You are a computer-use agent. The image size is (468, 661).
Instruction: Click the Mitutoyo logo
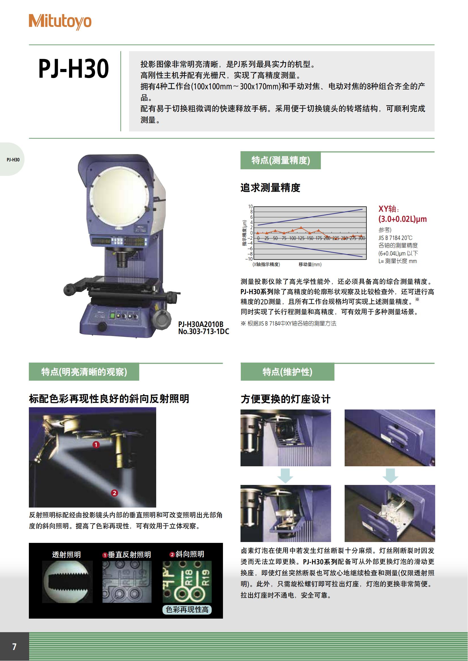click(60, 21)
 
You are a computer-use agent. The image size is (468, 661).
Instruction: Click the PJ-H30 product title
click(74, 68)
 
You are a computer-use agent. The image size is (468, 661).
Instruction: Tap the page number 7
click(14, 647)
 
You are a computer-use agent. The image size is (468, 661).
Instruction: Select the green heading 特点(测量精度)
click(281, 160)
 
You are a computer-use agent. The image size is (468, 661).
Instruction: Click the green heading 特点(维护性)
click(287, 372)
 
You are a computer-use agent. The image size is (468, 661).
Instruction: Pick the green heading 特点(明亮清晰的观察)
click(84, 372)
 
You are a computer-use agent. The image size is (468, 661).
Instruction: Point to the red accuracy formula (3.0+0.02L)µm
click(402, 219)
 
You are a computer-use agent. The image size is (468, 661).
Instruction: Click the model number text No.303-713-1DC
click(203, 332)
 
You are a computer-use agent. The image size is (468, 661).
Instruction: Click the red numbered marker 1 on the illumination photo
click(96, 445)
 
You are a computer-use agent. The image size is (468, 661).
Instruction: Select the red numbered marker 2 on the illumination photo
click(114, 493)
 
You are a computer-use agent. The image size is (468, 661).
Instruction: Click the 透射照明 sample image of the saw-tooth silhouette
click(67, 582)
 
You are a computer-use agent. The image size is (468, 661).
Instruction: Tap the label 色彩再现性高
click(187, 610)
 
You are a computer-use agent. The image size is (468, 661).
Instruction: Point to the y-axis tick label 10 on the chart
click(250, 207)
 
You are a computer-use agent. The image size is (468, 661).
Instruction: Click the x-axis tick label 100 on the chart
click(293, 239)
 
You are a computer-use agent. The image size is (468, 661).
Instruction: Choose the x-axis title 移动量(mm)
click(310, 264)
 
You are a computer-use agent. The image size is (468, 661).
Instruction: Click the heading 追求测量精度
click(270, 188)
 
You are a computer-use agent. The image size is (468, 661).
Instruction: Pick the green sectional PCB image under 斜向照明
click(187, 582)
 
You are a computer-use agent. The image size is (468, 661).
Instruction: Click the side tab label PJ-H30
click(13, 159)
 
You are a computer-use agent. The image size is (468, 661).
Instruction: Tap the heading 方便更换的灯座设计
click(285, 399)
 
